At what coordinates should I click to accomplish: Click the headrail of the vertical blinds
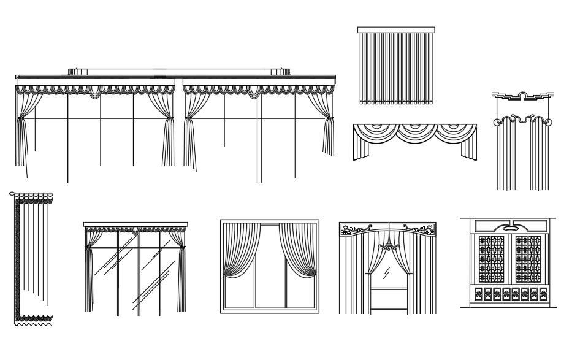396,29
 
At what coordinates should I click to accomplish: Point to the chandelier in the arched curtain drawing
387,247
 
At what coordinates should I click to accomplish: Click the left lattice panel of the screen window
491,258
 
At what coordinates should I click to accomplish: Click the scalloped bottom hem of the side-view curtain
34,318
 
